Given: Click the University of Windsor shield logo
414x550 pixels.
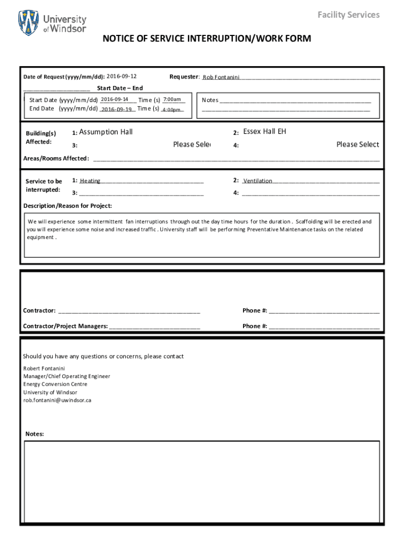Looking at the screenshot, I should coord(28,23).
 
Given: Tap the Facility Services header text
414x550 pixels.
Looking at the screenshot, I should coord(348,15).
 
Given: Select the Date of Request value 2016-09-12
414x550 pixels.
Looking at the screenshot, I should coord(122,77).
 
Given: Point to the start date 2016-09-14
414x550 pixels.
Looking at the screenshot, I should coord(115,99).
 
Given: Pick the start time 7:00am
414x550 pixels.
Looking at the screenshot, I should coord(172,99).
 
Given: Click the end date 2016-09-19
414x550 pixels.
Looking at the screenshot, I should coord(117,109).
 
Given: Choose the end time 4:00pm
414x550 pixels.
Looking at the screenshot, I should coord(172,110).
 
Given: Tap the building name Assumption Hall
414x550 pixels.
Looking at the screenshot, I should coord(106,132).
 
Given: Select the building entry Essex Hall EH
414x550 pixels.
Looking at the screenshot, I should coord(265,132).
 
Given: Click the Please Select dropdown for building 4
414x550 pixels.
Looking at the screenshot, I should coord(358,144).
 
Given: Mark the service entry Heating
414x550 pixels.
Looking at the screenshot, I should coord(90,181).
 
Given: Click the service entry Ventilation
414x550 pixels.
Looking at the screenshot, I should coord(258,181).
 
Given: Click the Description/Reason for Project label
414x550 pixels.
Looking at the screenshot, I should coord(68,206).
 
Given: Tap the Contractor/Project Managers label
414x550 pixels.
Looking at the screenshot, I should coord(65,326).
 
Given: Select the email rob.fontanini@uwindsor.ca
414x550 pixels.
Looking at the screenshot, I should coord(57,400).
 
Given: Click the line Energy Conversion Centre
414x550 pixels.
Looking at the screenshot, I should coord(55,384).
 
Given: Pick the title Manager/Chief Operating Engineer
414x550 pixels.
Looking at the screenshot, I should coord(67,376).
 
